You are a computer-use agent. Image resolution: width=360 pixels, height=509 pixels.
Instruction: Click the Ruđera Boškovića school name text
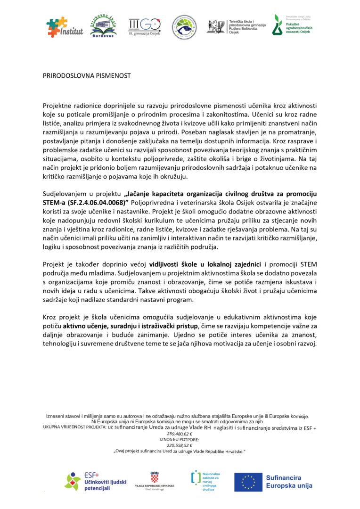[247, 26]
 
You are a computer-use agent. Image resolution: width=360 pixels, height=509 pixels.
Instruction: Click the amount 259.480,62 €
[180, 434]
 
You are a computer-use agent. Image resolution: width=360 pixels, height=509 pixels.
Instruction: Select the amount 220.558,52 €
[180, 445]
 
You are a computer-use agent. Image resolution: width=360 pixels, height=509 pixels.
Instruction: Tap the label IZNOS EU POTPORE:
[180, 439]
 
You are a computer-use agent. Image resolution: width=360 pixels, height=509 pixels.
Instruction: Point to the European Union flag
[248, 482]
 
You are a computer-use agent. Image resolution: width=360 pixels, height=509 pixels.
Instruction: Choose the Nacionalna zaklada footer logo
[205, 481]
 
